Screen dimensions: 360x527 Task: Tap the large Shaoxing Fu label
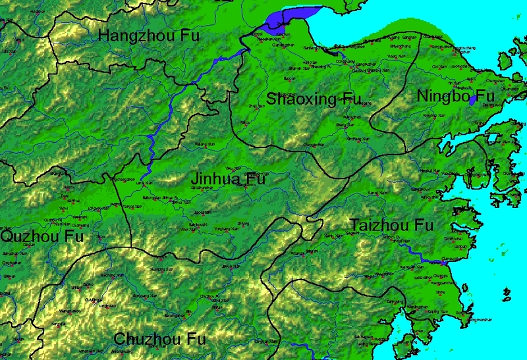tap(314, 99)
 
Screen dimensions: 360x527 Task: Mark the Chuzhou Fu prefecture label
tap(159, 339)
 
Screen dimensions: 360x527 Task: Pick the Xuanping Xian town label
tap(161, 270)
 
